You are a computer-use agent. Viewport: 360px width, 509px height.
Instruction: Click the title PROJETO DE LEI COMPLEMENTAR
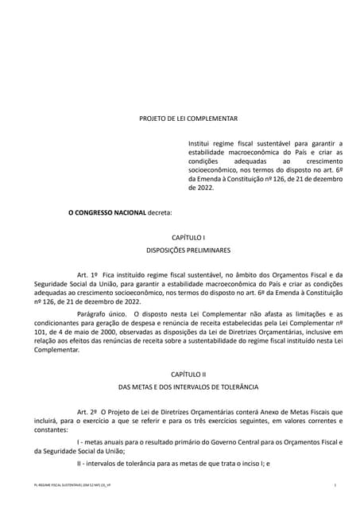[188, 118]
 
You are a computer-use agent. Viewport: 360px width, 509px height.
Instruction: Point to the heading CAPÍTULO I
[188, 238]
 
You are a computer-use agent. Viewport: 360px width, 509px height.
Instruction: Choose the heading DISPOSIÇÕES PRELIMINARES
[188, 250]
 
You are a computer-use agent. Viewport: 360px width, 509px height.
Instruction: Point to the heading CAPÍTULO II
[188, 374]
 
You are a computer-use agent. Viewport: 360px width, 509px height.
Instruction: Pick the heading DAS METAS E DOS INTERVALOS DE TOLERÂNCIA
[188, 386]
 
